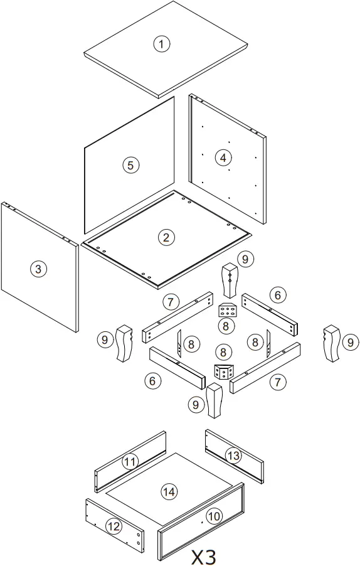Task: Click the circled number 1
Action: pyautogui.click(x=162, y=43)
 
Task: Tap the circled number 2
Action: pyautogui.click(x=166, y=237)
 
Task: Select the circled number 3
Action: pyautogui.click(x=38, y=269)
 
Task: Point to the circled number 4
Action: pyautogui.click(x=223, y=158)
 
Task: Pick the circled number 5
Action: pyautogui.click(x=130, y=165)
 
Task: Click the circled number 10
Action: pyautogui.click(x=214, y=516)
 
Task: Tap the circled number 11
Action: pyautogui.click(x=130, y=462)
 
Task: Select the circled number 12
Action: pyautogui.click(x=114, y=526)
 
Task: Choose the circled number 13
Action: pyautogui.click(x=233, y=456)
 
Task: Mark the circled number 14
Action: pyautogui.click(x=169, y=492)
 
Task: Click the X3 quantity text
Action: pyautogui.click(x=203, y=556)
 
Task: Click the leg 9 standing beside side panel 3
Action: pyautogui.click(x=125, y=343)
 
